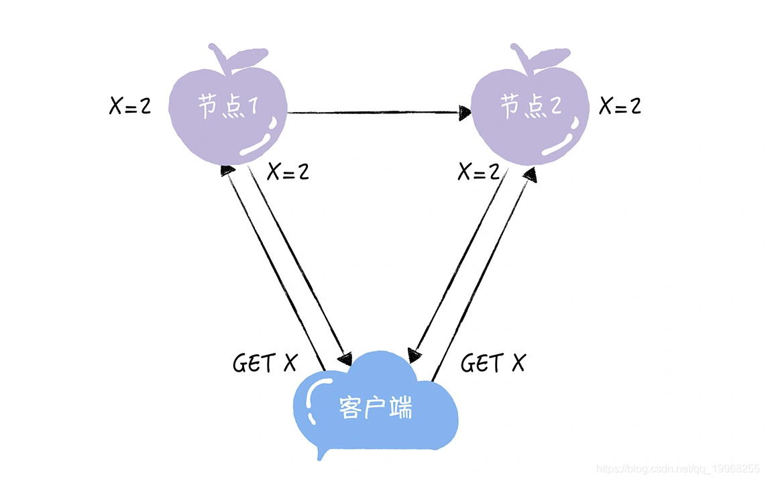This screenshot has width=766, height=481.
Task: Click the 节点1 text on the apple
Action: coord(227,107)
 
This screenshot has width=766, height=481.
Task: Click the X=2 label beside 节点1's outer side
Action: coord(130,105)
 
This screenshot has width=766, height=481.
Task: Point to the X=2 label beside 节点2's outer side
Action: coord(620,105)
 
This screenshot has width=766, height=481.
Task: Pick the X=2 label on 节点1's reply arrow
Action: coord(288,172)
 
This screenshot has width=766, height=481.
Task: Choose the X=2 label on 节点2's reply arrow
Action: coord(479,172)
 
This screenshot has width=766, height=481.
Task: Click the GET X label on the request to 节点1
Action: coord(264,363)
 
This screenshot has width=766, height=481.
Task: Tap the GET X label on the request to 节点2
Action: coord(493,363)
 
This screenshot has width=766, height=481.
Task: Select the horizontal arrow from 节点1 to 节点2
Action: coord(376,112)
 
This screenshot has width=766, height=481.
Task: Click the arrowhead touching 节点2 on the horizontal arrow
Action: coord(464,112)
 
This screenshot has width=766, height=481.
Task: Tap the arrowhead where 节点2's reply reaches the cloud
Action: coord(415,356)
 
